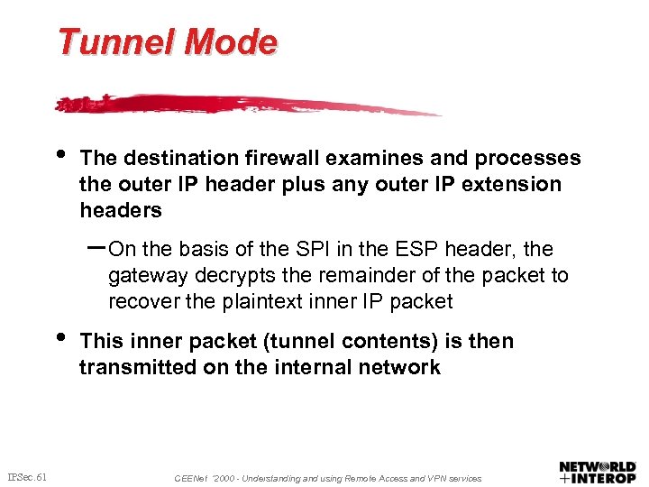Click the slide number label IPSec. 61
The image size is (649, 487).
pos(27,476)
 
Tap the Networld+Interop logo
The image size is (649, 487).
pos(597,472)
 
